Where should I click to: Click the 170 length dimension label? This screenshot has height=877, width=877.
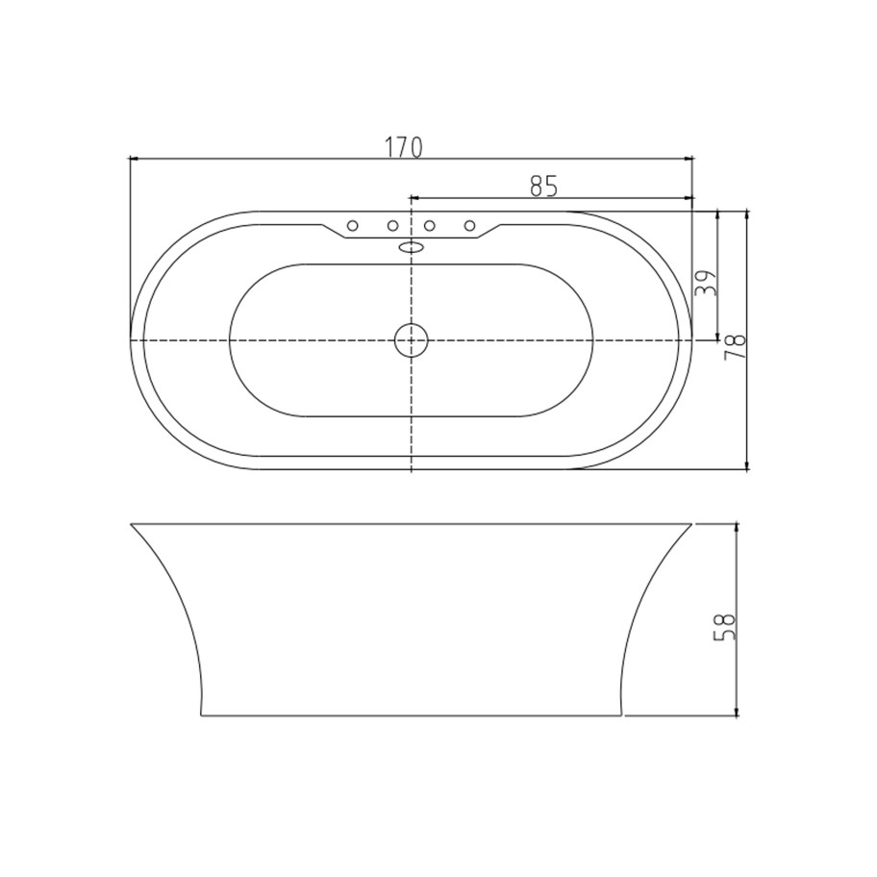(403, 147)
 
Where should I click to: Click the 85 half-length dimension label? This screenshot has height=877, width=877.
(543, 187)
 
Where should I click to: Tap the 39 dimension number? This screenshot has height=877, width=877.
(705, 283)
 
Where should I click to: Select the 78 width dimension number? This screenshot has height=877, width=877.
(736, 347)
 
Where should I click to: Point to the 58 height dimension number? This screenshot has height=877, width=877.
(724, 627)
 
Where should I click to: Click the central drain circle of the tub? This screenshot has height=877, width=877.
(412, 340)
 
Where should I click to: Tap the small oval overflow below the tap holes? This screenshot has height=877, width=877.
(411, 246)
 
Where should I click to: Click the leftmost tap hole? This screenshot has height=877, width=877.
(352, 225)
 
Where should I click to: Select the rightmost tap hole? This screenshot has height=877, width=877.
(470, 225)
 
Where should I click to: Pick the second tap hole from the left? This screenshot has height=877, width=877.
(392, 225)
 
